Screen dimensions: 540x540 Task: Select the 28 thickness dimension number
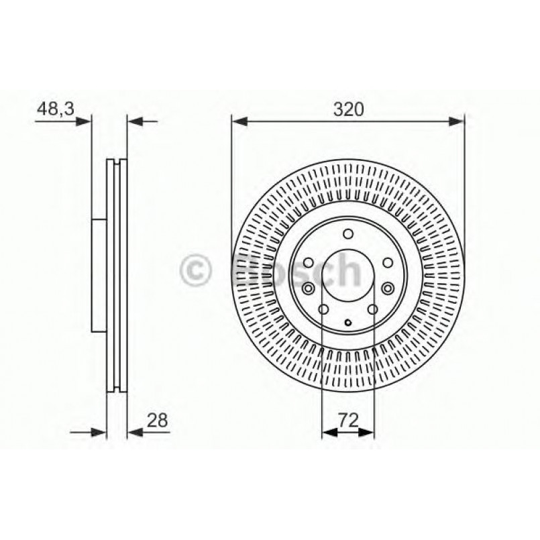click(156, 421)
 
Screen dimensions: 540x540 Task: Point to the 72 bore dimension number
click(347, 421)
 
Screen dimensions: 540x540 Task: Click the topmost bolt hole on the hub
click(347, 234)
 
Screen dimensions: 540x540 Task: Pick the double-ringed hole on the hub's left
click(308, 288)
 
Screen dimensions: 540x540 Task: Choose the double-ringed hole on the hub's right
click(388, 288)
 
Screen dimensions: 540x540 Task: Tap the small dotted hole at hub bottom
click(347, 324)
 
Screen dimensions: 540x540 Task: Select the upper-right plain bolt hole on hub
click(387, 263)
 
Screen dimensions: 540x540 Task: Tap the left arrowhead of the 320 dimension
click(239, 121)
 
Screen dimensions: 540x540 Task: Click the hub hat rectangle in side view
click(99, 275)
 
